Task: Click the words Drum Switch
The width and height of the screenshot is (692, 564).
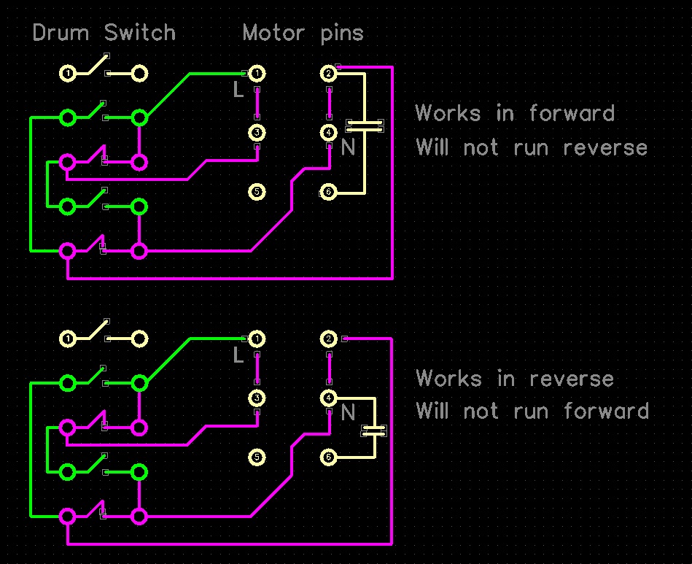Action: [104, 34]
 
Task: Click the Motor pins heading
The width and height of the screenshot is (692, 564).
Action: [303, 34]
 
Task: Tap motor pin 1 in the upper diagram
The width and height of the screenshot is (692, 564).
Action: [256, 74]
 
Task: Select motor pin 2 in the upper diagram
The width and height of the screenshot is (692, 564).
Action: [328, 74]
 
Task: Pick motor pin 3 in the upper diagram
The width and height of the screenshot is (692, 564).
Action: [256, 132]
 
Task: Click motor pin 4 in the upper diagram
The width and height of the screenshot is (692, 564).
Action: [328, 132]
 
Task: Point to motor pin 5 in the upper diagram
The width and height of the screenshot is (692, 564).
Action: [256, 192]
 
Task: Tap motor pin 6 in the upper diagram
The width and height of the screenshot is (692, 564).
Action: [328, 192]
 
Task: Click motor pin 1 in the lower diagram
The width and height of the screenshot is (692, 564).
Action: [256, 339]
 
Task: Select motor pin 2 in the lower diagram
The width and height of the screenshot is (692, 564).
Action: [328, 339]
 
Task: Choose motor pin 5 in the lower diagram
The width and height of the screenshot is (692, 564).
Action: [256, 457]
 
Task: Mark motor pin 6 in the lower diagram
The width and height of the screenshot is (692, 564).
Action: [328, 457]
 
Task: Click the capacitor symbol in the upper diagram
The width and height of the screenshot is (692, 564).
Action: [365, 125]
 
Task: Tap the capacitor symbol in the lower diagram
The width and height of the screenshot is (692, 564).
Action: [373, 430]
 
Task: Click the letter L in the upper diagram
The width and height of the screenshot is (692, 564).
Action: [238, 90]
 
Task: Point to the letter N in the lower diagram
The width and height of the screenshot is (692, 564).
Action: [348, 414]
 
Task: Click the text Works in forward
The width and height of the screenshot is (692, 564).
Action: [515, 114]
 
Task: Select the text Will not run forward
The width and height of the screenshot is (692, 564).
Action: [532, 412]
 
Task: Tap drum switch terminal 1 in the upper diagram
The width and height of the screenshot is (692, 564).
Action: [68, 74]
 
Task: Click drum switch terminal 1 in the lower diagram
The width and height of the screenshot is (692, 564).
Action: [68, 339]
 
